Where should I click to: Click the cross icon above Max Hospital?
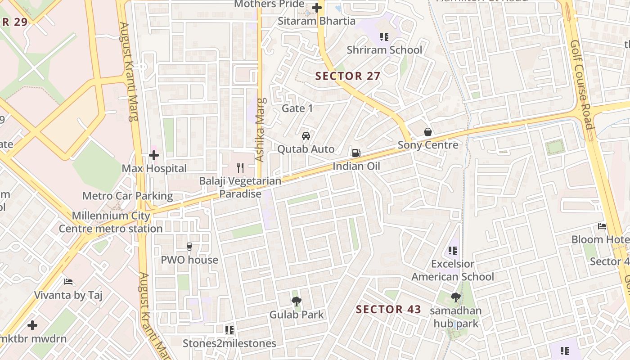click(154, 156)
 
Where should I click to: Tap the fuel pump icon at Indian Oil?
click(356, 153)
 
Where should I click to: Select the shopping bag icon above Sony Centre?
click(428, 132)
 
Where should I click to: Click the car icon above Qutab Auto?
click(306, 136)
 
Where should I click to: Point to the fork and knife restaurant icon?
click(240, 168)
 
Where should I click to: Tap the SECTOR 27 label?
click(348, 76)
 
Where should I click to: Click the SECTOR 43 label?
click(388, 309)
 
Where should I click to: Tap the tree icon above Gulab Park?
click(296, 301)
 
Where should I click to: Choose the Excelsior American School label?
click(453, 270)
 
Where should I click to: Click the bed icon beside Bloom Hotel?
click(602, 226)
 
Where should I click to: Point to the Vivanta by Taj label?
click(68, 295)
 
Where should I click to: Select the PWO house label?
click(189, 260)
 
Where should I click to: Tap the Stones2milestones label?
click(229, 343)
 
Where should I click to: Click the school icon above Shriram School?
click(384, 37)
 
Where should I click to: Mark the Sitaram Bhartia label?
click(316, 21)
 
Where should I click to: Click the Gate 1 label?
click(297, 108)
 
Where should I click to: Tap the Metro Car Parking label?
click(127, 196)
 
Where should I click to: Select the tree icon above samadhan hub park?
click(455, 297)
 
